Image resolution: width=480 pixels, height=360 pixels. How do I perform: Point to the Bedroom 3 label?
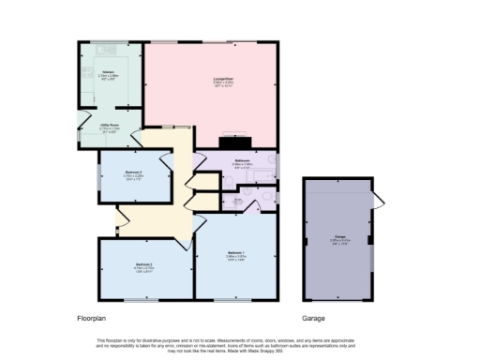click(x=133, y=172)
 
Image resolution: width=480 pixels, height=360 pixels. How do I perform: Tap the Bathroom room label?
click(x=241, y=162)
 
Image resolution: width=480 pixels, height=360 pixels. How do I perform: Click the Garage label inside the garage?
click(x=337, y=237)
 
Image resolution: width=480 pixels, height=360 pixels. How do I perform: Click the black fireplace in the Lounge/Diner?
click(x=230, y=142)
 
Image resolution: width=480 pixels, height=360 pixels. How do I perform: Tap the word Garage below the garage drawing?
click(x=313, y=318)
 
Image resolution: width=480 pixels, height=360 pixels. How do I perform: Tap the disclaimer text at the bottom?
click(x=240, y=343)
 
